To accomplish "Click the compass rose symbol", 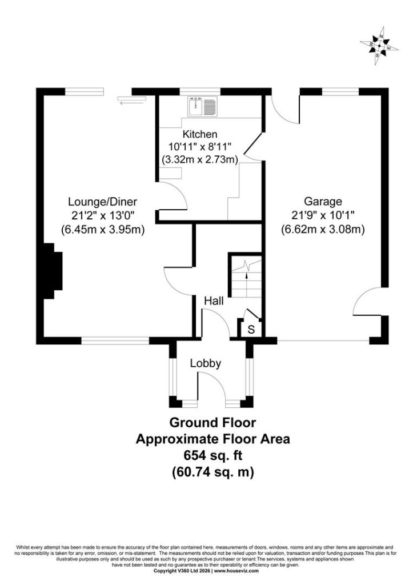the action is click(x=379, y=46).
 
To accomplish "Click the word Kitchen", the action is click(x=199, y=134).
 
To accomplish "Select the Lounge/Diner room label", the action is click(x=103, y=202).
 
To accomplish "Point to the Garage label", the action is click(x=323, y=202).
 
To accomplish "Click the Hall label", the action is click(x=214, y=300).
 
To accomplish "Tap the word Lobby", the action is click(x=206, y=363).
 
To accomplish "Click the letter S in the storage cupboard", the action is click(x=251, y=330).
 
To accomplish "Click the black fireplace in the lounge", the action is click(x=53, y=271).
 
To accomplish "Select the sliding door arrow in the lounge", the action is click(x=131, y=102).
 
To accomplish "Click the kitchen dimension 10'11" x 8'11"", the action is click(x=199, y=147).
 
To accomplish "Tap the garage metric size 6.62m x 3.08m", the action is click(x=323, y=229).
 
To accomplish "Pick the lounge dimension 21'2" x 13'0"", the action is click(x=103, y=215).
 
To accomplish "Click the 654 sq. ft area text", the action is click(x=213, y=455).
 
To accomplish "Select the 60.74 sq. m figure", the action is click(x=213, y=472).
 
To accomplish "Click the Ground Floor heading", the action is click(x=212, y=423).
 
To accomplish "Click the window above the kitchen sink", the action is click(x=200, y=91).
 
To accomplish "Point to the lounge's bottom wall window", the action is click(x=115, y=340).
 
